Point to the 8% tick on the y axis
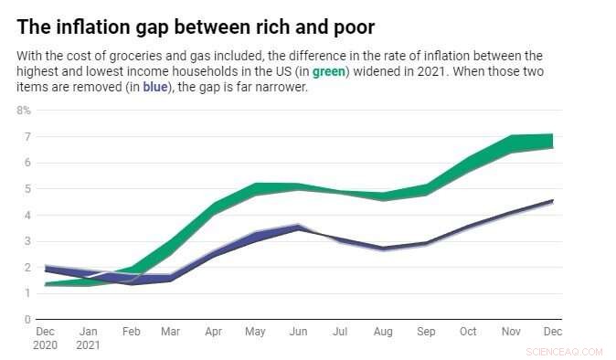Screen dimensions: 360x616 (x=24, y=111)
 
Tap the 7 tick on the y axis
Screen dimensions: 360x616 (x=27, y=137)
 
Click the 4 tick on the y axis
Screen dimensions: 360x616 (x=27, y=216)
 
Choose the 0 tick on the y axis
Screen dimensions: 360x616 (x=27, y=321)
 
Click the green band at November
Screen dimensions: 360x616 (x=511, y=143)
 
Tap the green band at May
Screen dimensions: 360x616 (x=255, y=190)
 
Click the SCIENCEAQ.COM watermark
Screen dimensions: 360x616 (x=566, y=351)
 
